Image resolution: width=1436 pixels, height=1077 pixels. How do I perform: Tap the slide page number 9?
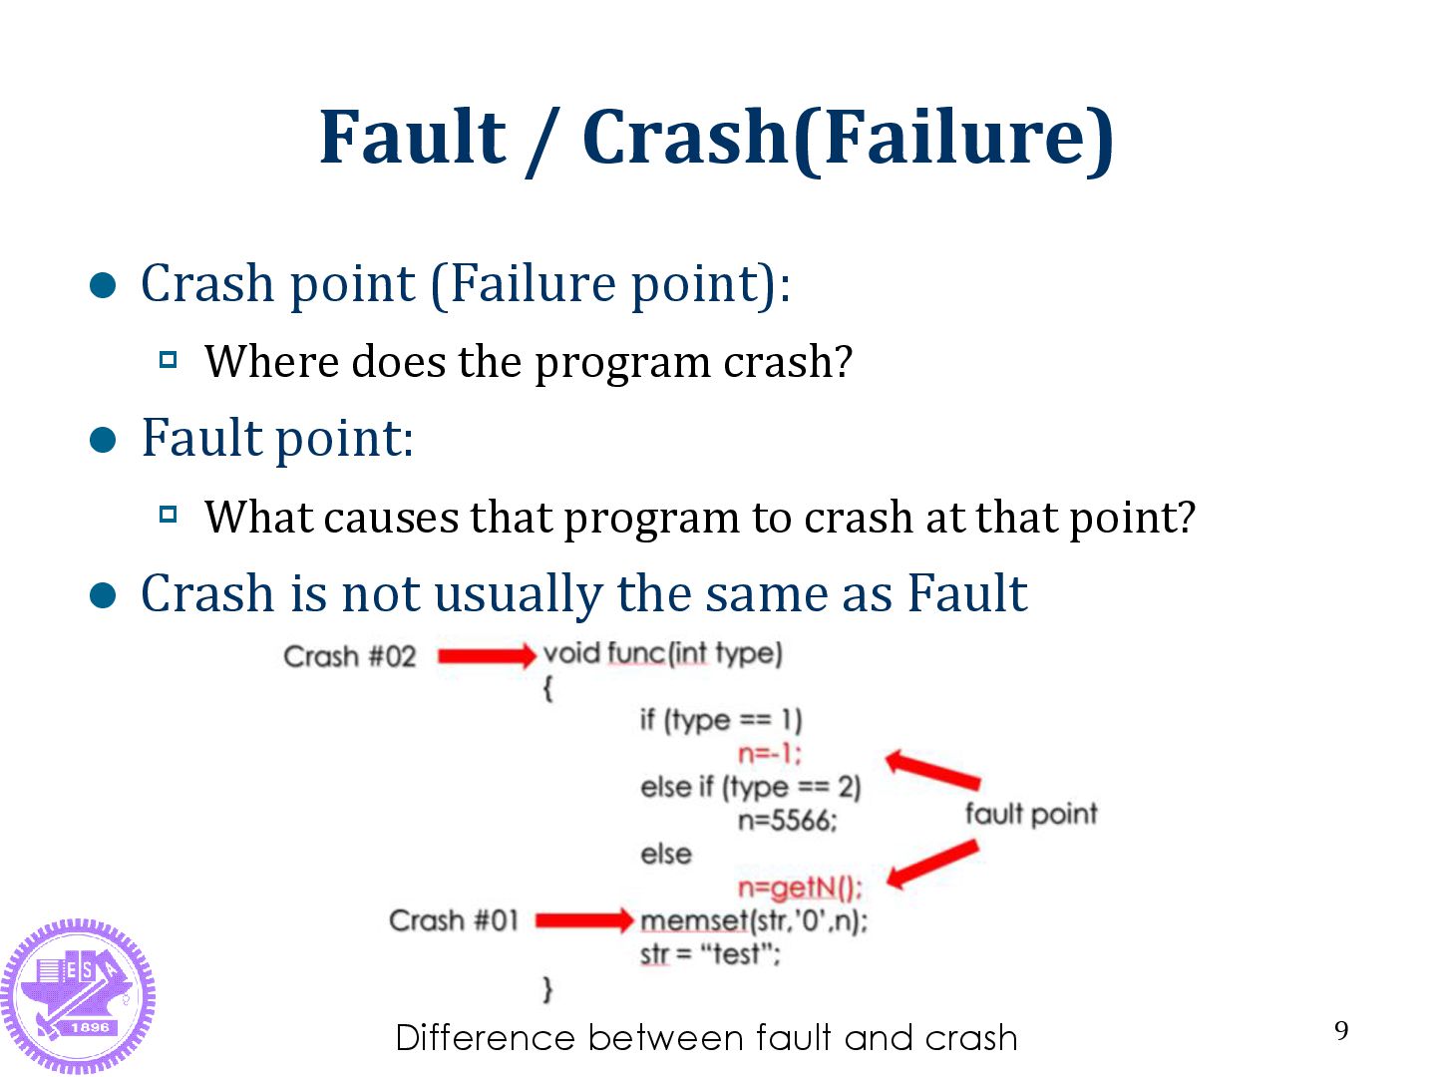[1341, 1030]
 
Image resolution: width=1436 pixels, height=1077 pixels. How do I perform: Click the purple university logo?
[78, 995]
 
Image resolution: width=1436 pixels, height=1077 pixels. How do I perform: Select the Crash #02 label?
[349, 656]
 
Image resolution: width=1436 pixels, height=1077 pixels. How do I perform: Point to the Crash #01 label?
[454, 919]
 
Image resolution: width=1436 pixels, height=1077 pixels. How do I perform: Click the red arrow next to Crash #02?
[487, 655]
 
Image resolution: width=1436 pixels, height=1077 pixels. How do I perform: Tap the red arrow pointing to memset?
[584, 919]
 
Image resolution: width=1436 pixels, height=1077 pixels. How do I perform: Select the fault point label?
[1030, 814]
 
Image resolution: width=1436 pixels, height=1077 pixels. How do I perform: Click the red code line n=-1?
[769, 753]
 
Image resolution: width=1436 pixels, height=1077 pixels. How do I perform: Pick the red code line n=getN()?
[800, 887]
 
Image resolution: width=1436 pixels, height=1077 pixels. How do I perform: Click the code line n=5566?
[787, 821]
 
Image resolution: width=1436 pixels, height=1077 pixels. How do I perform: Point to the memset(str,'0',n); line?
[754, 919]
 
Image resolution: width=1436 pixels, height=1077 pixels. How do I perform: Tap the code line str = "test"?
[710, 954]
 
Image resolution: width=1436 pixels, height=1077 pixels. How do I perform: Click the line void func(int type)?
[663, 654]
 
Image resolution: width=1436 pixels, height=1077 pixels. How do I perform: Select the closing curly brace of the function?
[547, 988]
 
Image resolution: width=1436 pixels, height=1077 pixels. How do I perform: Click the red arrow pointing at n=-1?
[932, 769]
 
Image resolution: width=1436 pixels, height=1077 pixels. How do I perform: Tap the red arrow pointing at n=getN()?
[932, 864]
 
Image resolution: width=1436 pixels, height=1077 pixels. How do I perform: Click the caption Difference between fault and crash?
[706, 1038]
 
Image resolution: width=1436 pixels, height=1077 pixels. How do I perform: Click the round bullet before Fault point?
[104, 440]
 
